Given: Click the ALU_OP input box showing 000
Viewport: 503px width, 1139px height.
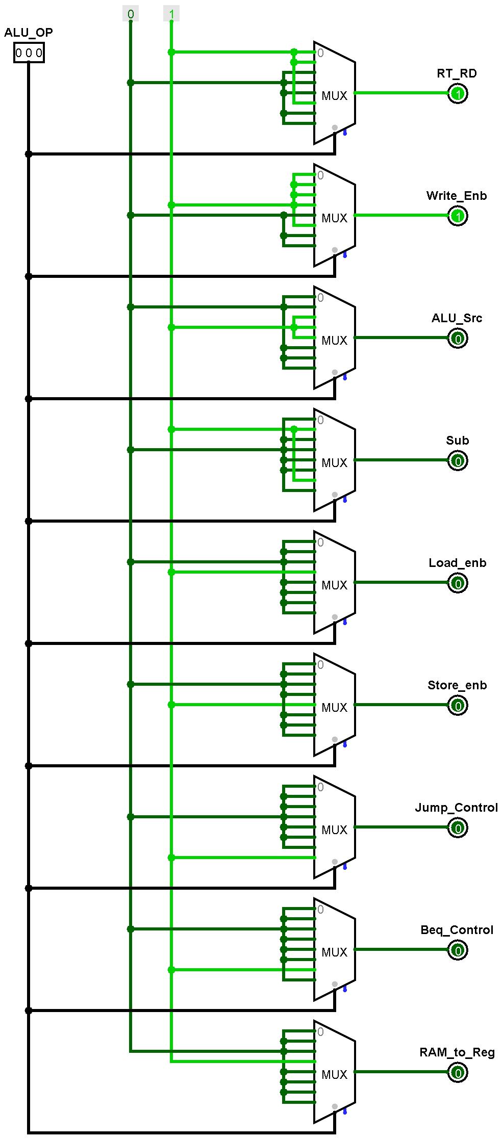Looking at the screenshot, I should (29, 53).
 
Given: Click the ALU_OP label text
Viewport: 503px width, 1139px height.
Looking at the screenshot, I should (29, 33).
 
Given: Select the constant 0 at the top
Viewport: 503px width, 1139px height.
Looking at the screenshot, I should (131, 14).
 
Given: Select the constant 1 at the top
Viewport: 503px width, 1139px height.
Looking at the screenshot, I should (171, 14).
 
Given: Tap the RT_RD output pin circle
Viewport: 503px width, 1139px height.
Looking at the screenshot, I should (458, 94).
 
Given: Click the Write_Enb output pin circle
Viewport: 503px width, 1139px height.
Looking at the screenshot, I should (458, 216).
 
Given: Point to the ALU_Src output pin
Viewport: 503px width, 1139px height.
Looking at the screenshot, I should (458, 339).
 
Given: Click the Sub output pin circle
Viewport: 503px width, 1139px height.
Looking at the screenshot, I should (458, 461).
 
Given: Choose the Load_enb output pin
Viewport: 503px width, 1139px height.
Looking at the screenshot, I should (458, 583).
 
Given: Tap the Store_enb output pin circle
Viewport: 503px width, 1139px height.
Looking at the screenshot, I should (458, 706).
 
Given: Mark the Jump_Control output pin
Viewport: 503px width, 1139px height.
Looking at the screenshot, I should (458, 828).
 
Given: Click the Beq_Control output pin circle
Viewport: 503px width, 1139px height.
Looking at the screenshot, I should (458, 950).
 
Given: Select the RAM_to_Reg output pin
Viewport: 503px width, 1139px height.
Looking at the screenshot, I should (458, 1073).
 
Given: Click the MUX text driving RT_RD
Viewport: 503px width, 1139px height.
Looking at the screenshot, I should (334, 96).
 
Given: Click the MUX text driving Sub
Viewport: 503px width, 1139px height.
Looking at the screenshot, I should (334, 463).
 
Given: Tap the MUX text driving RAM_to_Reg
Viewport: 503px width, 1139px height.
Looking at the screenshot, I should (334, 1075).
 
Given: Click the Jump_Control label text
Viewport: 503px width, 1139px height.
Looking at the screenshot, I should (456, 808).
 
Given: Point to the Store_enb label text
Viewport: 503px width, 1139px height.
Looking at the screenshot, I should (457, 685).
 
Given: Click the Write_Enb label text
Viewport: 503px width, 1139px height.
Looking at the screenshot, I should (457, 196).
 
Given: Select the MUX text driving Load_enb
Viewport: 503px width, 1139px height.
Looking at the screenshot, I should (334, 585).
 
